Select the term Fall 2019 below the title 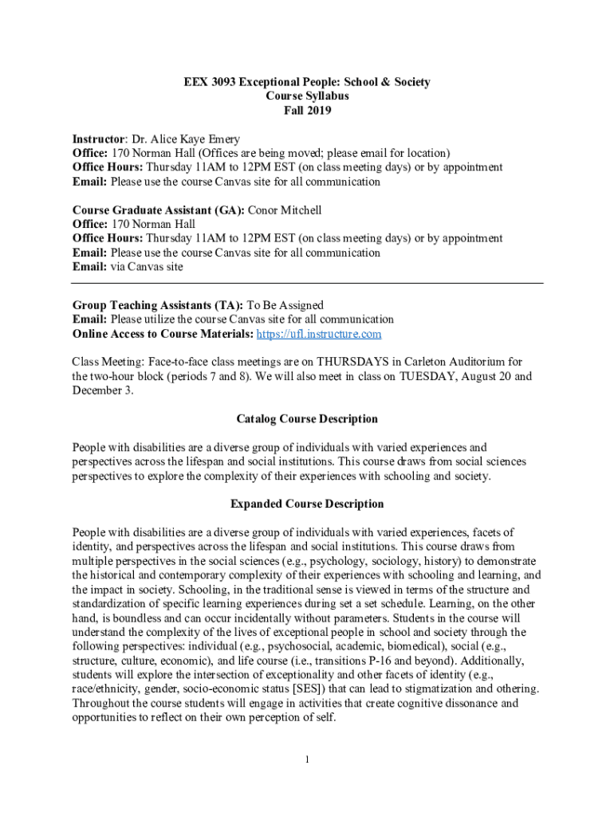pyautogui.click(x=307, y=110)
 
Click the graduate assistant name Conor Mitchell pyautogui.click(x=285, y=210)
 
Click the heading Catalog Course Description pyautogui.click(x=307, y=419)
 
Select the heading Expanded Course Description pyautogui.click(x=307, y=504)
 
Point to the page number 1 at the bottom pyautogui.click(x=307, y=758)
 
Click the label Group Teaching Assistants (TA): pyautogui.click(x=158, y=305)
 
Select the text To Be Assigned pyautogui.click(x=285, y=305)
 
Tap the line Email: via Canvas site pyautogui.click(x=128, y=267)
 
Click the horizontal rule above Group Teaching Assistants pyautogui.click(x=307, y=284)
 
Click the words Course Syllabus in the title pyautogui.click(x=307, y=96)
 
